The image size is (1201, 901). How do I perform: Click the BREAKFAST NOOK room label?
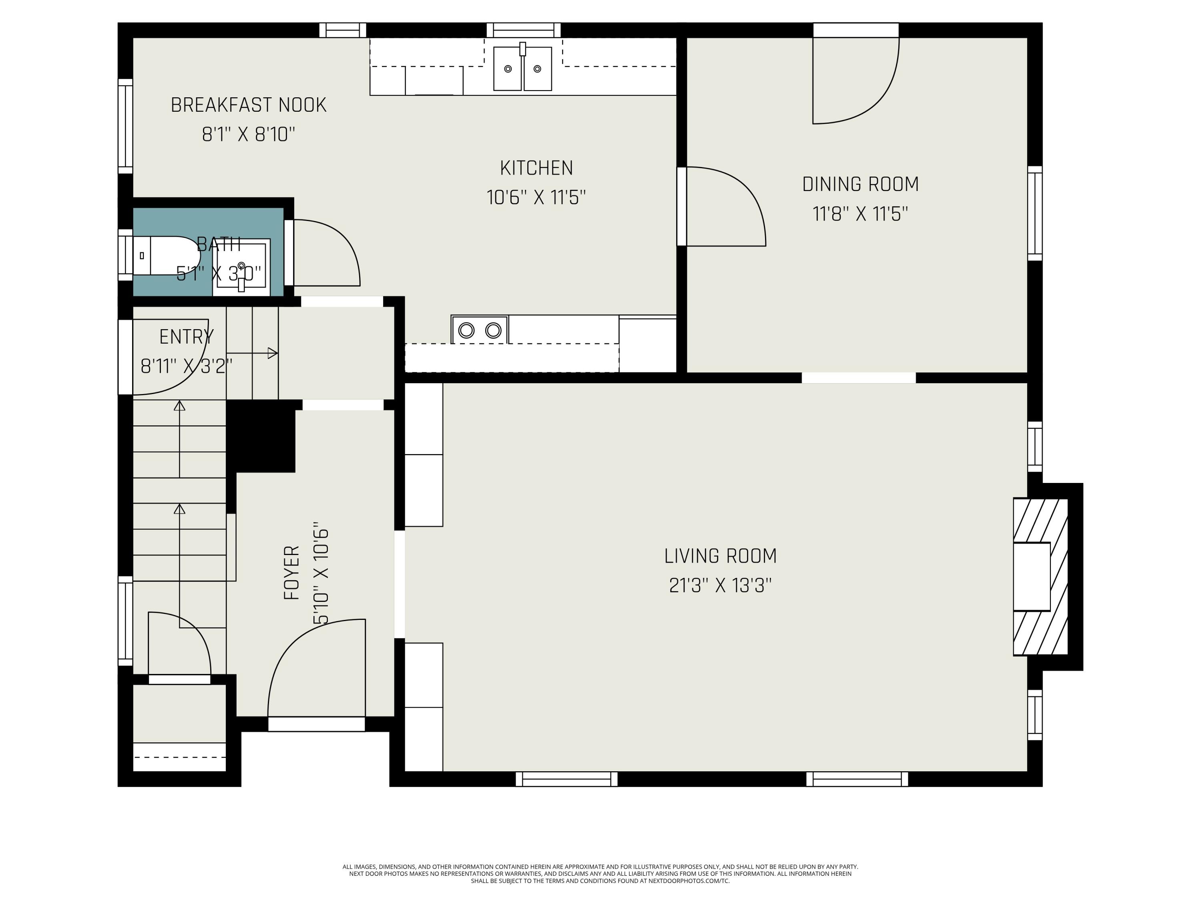pyautogui.click(x=249, y=105)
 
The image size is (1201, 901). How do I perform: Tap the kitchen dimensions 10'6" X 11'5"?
pyautogui.click(x=536, y=197)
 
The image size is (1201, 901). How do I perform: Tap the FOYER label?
pyautogui.click(x=291, y=573)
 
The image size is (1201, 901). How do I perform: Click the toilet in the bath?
pyautogui.click(x=166, y=255)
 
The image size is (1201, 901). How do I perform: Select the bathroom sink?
pyautogui.click(x=241, y=267)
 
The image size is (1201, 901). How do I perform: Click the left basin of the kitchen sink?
pyautogui.click(x=507, y=68)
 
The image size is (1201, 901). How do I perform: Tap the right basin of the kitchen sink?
pyautogui.click(x=538, y=68)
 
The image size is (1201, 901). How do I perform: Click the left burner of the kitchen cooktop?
pyautogui.click(x=466, y=330)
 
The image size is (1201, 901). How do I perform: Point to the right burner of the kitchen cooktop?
pyautogui.click(x=493, y=330)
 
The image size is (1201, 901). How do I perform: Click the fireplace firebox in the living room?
pyautogui.click(x=1032, y=576)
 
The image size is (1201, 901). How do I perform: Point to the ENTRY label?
pyautogui.click(x=186, y=337)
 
